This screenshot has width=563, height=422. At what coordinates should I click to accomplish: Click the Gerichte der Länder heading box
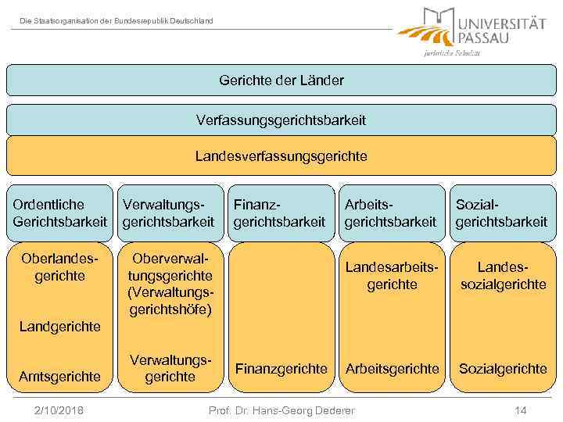click(281, 80)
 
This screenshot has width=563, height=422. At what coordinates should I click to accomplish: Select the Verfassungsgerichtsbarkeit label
click(281, 120)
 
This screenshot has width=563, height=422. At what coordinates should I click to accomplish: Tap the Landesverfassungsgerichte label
click(281, 156)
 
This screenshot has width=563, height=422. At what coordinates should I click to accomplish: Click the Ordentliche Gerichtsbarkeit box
click(59, 213)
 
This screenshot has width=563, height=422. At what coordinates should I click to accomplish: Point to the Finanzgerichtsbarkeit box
click(280, 213)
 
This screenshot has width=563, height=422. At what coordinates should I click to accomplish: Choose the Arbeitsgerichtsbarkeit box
click(391, 213)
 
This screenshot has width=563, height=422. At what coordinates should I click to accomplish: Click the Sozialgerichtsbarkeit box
click(502, 213)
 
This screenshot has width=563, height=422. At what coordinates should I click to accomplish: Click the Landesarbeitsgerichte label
click(392, 276)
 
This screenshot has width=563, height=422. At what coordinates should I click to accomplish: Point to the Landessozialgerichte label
click(503, 276)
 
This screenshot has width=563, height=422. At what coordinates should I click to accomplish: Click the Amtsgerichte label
click(60, 376)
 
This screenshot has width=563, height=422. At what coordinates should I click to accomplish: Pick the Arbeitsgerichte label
click(392, 368)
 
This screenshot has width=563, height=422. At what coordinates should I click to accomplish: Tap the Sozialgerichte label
click(503, 368)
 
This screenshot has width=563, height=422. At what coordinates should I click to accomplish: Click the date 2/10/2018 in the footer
click(60, 410)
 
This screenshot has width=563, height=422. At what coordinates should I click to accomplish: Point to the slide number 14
click(522, 410)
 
